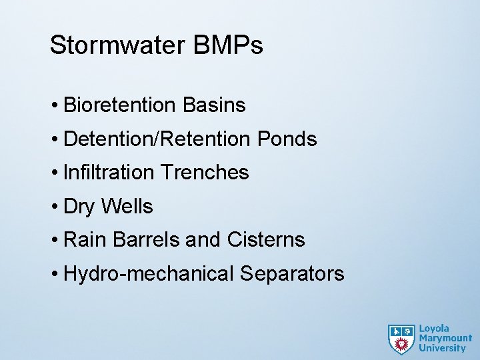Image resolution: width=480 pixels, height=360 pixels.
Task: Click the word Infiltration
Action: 108,173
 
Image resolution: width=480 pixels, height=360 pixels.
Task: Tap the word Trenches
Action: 203,173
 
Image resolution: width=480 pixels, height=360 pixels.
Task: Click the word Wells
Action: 127,207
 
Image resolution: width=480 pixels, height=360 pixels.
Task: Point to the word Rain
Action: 81,240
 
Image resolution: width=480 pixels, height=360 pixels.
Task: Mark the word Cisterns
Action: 266,240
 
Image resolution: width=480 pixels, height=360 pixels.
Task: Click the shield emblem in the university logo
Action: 401,339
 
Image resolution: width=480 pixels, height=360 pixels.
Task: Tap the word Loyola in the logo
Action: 434,329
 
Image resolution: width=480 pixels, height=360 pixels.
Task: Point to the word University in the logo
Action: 442,348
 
